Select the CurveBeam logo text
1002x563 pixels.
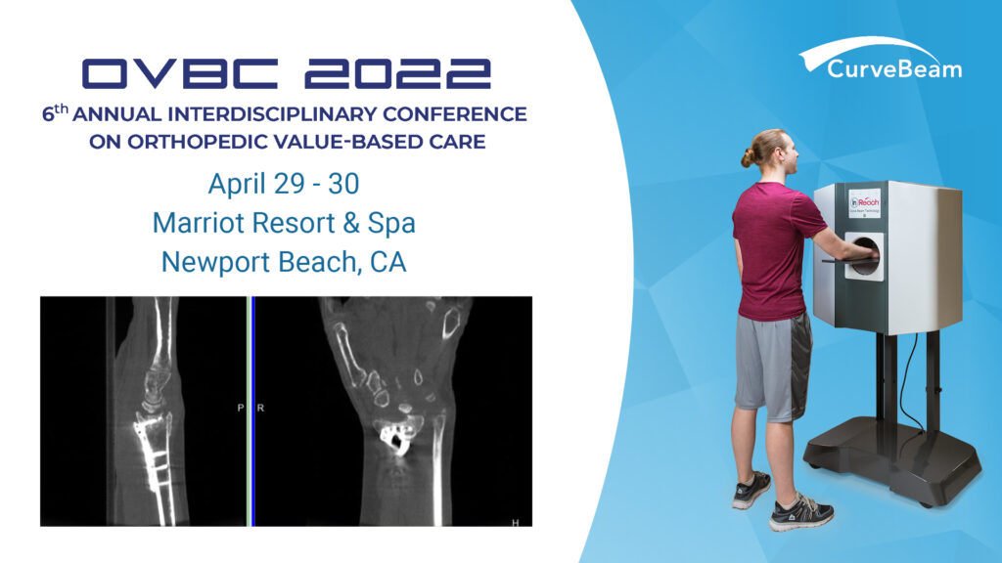[893, 68]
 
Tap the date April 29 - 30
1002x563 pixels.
[284, 183]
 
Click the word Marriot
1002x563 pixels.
[201, 222]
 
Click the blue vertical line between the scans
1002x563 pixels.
[251, 411]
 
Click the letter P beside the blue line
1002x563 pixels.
[241, 408]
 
